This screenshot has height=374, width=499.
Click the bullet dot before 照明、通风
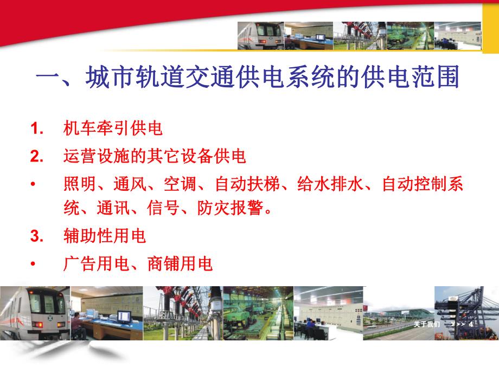(34, 184)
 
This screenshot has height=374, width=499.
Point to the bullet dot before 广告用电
(34, 264)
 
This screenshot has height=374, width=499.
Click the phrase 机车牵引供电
(113, 129)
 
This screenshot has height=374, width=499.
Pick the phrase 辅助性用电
(104, 236)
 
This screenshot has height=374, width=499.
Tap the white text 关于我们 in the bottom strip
(423, 324)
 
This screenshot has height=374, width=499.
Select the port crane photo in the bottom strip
(464, 306)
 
